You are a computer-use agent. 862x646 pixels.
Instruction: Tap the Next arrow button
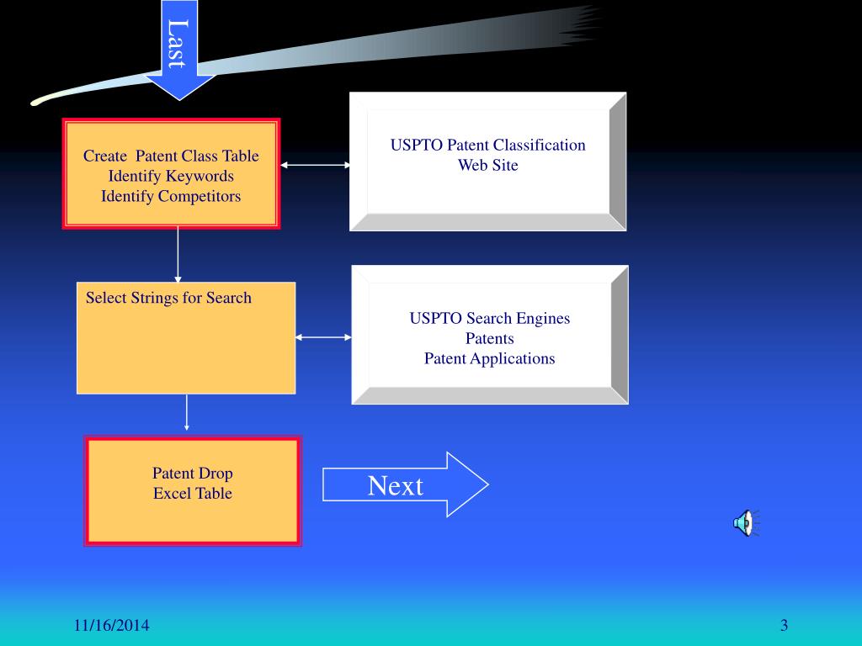pos(405,484)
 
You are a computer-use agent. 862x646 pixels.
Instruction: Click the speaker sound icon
pos(746,523)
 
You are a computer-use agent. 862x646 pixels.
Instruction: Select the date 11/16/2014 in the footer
pos(112,625)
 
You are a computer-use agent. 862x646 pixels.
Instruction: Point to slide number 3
pos(784,625)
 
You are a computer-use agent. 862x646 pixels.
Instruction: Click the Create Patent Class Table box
pos(171,173)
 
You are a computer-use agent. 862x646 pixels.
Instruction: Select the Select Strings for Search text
pos(168,298)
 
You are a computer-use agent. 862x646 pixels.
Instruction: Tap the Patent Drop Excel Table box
pos(193,491)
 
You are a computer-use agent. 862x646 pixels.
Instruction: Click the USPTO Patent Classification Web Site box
pos(488,161)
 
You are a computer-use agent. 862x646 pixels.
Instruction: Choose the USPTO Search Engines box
pos(490,335)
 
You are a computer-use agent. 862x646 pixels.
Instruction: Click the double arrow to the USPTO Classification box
pos(315,164)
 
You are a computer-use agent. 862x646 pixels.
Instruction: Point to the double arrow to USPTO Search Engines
pos(323,336)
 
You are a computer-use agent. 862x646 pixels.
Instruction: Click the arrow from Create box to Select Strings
pos(178,256)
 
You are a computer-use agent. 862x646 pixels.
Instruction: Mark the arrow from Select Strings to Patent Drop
pos(186,412)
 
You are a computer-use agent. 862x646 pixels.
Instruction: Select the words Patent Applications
pos(489,358)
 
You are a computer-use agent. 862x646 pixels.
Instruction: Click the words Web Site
pos(488,166)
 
